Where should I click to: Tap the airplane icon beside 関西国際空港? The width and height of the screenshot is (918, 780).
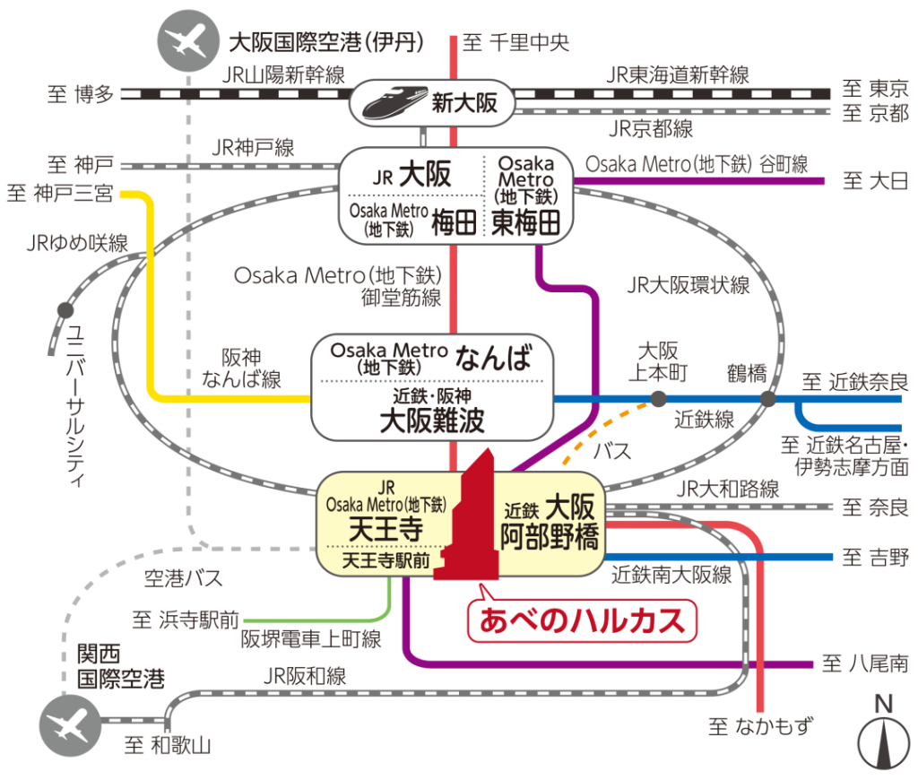click(65, 723)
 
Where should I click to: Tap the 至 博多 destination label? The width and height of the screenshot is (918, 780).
click(81, 93)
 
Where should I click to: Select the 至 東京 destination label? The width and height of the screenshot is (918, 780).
click(876, 91)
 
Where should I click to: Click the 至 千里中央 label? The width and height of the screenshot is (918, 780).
click(515, 42)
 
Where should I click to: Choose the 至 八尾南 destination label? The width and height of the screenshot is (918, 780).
click(864, 664)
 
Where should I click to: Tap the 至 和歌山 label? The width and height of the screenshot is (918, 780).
click(167, 744)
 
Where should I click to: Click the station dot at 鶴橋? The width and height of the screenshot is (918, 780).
click(767, 398)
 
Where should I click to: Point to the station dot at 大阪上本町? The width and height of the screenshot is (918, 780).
click(659, 398)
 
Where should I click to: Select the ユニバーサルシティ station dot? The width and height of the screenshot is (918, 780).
click(65, 310)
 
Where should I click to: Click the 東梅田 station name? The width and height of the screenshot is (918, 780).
click(526, 222)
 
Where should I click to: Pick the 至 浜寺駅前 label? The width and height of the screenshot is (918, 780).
click(186, 620)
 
